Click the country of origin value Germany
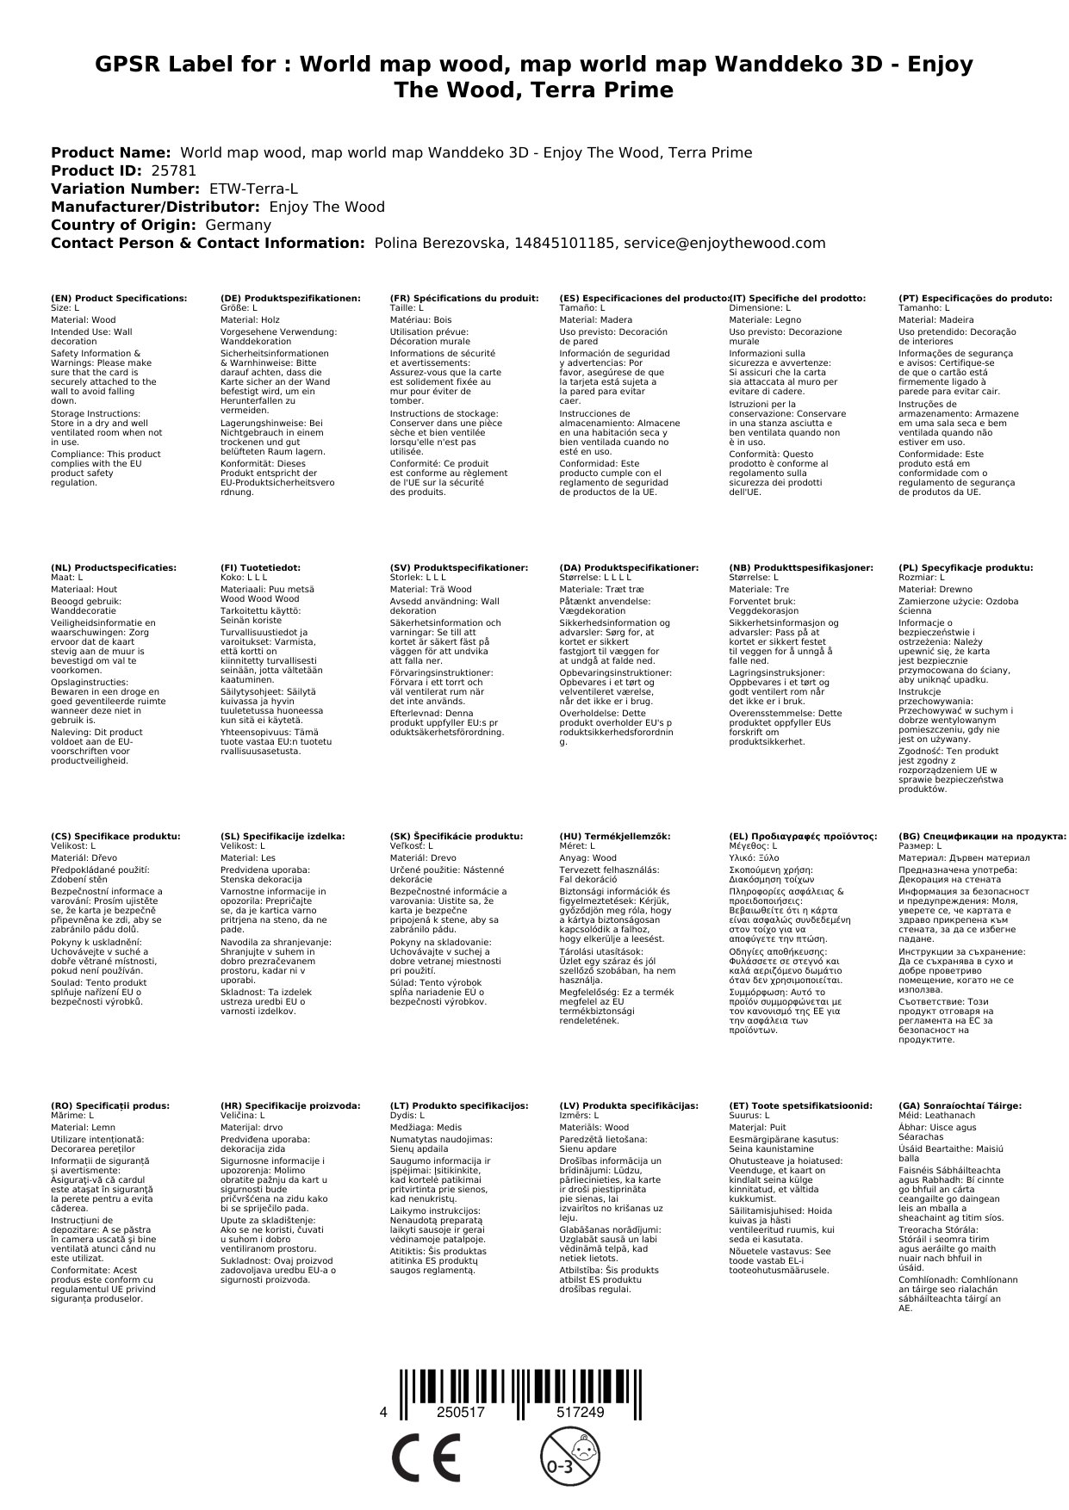[x=238, y=225]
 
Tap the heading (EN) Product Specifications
[x=119, y=298]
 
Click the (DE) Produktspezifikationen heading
[x=290, y=298]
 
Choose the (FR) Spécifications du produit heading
[x=464, y=298]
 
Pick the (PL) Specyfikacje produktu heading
[x=966, y=568]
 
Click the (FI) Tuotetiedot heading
[x=260, y=568]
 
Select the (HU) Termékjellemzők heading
[x=615, y=836]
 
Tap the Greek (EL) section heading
[x=804, y=836]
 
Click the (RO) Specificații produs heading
[x=110, y=1105]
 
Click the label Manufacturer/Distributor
[x=156, y=207]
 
